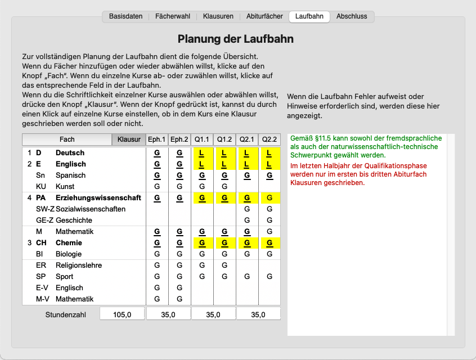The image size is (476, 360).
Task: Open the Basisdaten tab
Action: click(x=125, y=16)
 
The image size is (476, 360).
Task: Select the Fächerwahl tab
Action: click(x=173, y=16)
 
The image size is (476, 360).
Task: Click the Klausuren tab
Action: click(x=218, y=16)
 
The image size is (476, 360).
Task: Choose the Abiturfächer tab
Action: click(x=264, y=16)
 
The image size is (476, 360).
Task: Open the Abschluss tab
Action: click(x=352, y=16)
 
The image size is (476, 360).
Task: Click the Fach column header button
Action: click(x=67, y=139)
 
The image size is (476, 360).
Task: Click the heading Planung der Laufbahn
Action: click(x=235, y=39)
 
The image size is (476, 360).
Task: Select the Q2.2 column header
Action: click(x=270, y=139)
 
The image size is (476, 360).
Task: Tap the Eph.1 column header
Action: click(x=157, y=139)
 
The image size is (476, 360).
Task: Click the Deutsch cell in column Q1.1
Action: click(x=202, y=153)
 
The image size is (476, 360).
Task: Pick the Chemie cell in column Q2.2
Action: click(x=270, y=243)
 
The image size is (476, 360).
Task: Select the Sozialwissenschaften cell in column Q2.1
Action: click(x=247, y=209)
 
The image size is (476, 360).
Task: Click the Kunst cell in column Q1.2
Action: click(x=224, y=187)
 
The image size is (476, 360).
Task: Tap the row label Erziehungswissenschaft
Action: click(x=98, y=198)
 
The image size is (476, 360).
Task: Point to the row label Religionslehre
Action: click(x=78, y=265)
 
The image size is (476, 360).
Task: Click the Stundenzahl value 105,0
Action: click(x=122, y=315)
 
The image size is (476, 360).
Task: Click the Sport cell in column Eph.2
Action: click(x=179, y=277)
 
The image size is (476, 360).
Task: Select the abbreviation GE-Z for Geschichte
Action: click(x=45, y=220)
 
